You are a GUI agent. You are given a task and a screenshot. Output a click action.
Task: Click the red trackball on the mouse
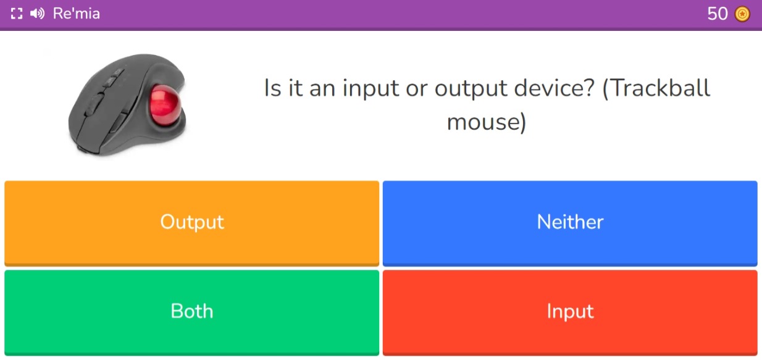pos(166,103)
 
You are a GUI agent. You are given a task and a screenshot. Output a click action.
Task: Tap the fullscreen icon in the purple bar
pos(17,14)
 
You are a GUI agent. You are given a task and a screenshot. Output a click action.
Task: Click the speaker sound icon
pos(37,14)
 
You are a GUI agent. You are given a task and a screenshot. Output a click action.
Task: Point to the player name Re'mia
pos(77,14)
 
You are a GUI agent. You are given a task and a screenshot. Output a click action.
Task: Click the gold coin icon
pos(742,14)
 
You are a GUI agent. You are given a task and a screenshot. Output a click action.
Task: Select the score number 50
pos(718,14)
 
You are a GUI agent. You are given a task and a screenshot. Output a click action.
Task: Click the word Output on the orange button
pos(191,222)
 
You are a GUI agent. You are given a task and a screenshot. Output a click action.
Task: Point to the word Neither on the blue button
pos(569,222)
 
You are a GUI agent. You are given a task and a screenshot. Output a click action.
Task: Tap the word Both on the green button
pos(191,311)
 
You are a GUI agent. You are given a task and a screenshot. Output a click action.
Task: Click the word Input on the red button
pos(569,311)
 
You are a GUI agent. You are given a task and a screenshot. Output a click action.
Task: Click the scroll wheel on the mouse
pos(112,80)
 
